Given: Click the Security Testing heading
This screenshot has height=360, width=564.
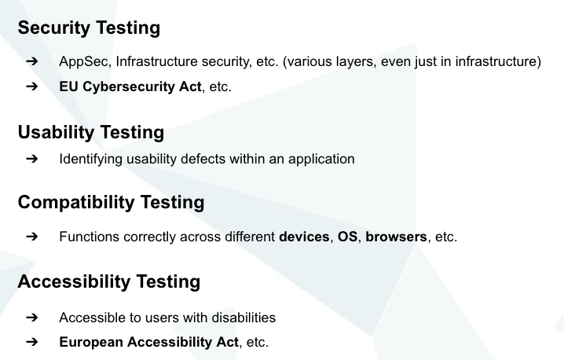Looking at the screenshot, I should [89, 28].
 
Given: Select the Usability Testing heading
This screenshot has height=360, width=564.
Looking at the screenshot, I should [91, 131].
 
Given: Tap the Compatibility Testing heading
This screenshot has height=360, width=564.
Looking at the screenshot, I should [111, 202].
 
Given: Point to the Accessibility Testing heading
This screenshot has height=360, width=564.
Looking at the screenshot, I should [109, 281].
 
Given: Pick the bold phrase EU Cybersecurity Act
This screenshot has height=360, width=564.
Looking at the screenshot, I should [130, 86].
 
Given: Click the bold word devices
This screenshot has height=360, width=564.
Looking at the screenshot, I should [305, 237].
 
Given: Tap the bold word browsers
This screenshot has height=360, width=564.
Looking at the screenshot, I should [397, 237].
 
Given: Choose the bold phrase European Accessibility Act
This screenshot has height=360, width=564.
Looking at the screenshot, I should [151, 343].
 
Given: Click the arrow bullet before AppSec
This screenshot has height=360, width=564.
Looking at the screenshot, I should [31, 61].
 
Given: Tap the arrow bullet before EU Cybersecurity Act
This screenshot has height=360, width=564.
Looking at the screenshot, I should [31, 86].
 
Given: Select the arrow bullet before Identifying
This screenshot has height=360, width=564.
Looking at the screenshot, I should [31, 159].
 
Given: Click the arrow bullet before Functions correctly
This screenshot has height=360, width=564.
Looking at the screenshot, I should [31, 237].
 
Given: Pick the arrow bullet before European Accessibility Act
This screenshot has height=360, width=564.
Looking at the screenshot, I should [31, 343].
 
